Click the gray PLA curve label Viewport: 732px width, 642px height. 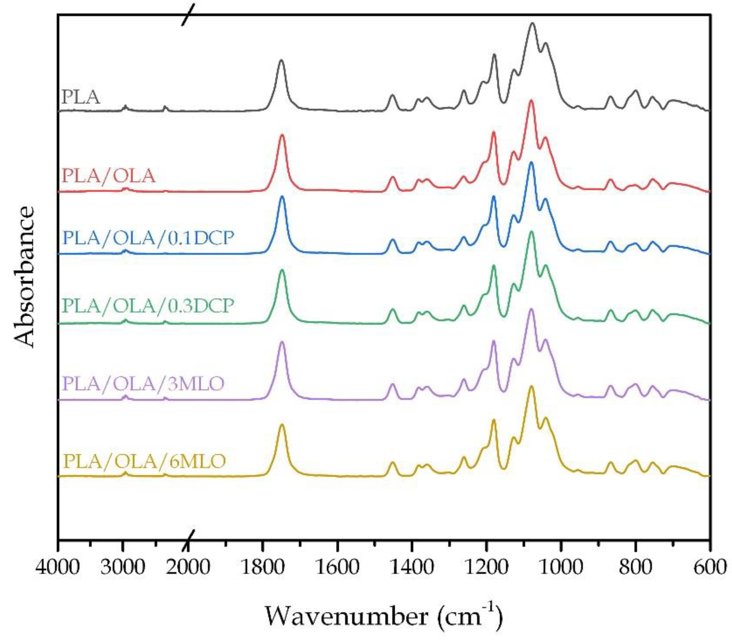pyautogui.click(x=81, y=97)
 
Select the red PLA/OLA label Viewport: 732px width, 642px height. pyautogui.click(x=108, y=176)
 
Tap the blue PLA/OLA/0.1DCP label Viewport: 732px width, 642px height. pyautogui.click(x=148, y=238)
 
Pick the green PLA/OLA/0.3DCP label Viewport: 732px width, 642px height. pyautogui.click(x=148, y=306)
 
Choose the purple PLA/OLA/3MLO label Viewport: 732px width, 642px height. pyautogui.click(x=143, y=384)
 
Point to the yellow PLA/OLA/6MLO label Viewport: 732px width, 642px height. pyautogui.click(x=144, y=461)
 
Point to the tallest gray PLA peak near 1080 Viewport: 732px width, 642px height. pyautogui.click(x=532, y=23)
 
